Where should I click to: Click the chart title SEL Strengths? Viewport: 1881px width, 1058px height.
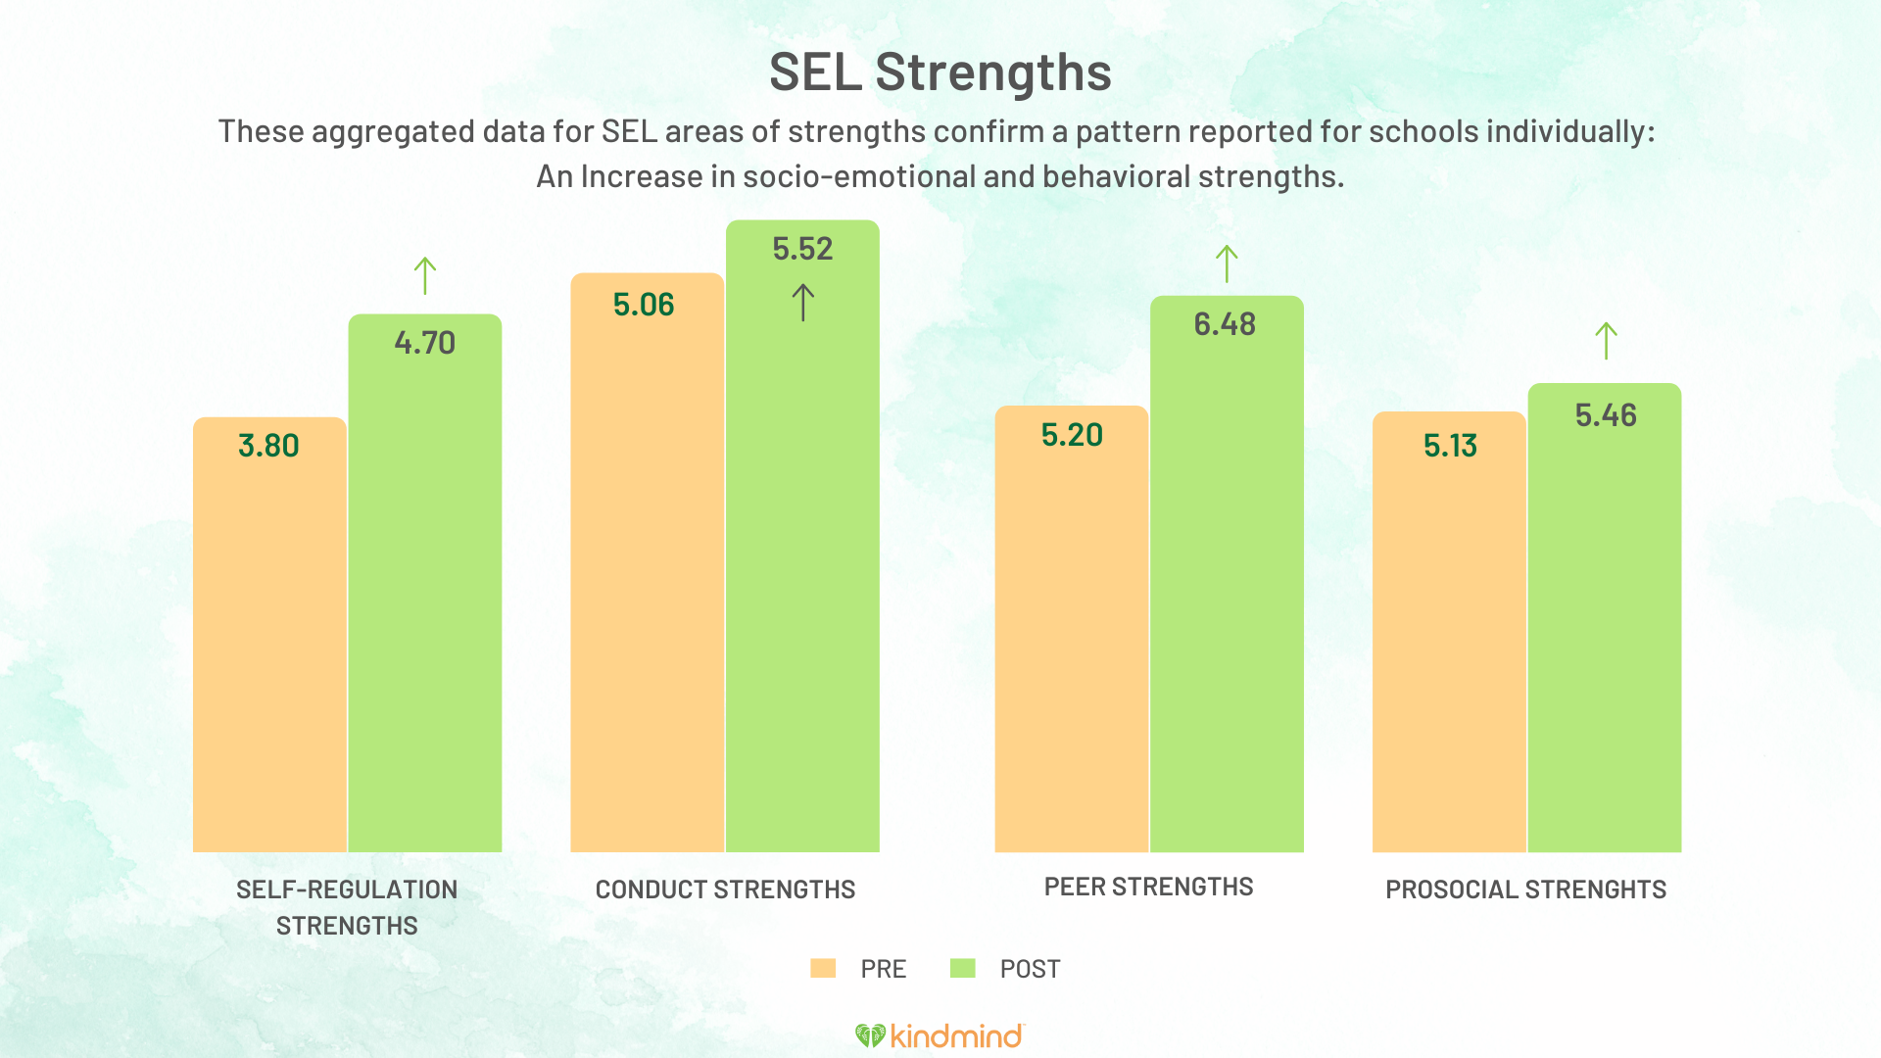[940, 72]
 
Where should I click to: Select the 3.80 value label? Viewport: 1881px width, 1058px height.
[268, 446]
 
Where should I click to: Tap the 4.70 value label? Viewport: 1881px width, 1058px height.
[424, 343]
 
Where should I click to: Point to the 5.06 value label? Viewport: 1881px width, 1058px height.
[644, 305]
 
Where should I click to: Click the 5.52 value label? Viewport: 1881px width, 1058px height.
[802, 249]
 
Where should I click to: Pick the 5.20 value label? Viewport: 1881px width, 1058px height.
[1072, 435]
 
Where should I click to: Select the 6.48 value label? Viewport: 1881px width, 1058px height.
[1225, 324]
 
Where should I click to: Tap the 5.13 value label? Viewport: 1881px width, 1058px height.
[1450, 446]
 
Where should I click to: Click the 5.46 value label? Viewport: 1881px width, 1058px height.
[1606, 415]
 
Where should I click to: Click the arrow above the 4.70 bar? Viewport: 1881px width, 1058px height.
[424, 275]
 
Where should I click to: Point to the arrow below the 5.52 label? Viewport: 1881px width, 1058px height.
[802, 303]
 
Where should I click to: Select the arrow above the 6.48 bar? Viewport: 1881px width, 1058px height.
[1227, 264]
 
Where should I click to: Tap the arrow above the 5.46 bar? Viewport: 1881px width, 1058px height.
[1606, 341]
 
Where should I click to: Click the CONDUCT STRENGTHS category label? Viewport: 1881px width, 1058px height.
[725, 890]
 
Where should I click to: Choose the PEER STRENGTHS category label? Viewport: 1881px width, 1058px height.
[1148, 887]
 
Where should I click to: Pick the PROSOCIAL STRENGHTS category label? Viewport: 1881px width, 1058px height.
[1525, 890]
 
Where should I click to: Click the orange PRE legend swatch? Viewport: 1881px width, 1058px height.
[823, 969]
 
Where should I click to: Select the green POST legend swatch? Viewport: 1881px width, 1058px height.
[963, 969]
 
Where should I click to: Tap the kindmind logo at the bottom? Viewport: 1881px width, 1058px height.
[940, 1035]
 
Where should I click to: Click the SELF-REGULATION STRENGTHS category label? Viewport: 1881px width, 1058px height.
[347, 907]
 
